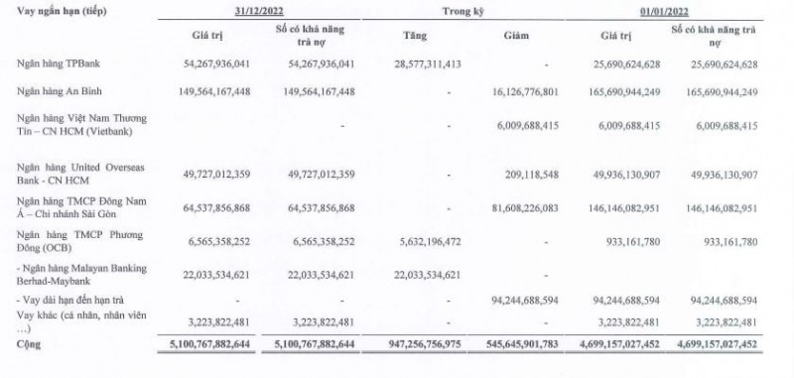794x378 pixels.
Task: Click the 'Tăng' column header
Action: [417, 37]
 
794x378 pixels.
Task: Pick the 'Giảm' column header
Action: [527, 37]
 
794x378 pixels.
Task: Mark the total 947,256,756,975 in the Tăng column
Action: [411, 344]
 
